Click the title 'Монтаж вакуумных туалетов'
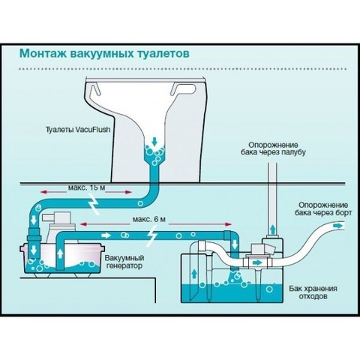(104, 54)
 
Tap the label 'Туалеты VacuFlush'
(78, 130)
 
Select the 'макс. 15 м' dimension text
(86, 187)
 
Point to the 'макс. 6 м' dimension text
(149, 220)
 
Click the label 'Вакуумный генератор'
(124, 262)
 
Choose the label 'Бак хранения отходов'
(313, 292)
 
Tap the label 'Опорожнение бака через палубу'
(273, 148)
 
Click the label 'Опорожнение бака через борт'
(323, 209)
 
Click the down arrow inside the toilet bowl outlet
(154, 142)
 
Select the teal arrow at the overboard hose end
(338, 226)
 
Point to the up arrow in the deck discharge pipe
(273, 229)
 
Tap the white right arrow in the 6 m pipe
(106, 235)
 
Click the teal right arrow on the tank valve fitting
(258, 262)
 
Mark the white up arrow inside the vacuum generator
(60, 254)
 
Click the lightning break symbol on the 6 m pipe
(152, 235)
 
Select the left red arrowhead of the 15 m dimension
(43, 192)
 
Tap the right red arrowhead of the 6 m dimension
(227, 224)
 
